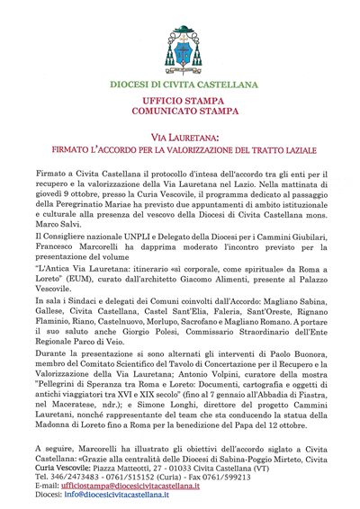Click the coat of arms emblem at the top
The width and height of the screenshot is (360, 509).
181,49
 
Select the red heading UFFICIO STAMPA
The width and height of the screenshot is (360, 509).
181,104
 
